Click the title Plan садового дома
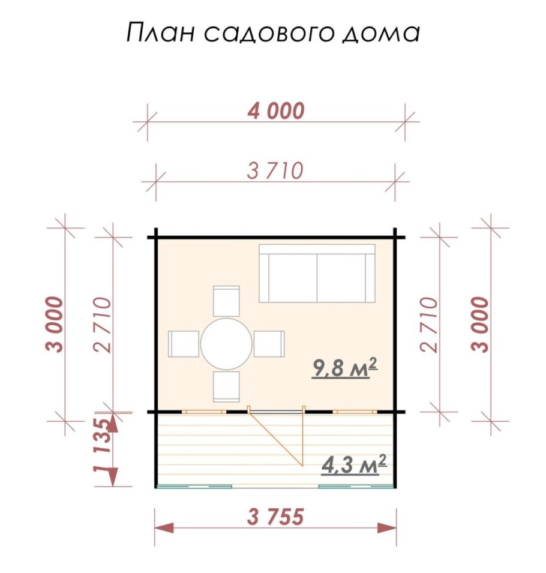point(273,33)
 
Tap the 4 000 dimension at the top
point(276,110)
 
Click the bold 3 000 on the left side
point(55,324)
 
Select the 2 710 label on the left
point(103,324)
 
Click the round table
point(226,344)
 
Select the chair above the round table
point(226,301)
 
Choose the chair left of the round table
point(184,344)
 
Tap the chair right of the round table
point(269,344)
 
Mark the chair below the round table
point(226,386)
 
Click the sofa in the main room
point(317,274)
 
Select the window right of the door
point(355,412)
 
